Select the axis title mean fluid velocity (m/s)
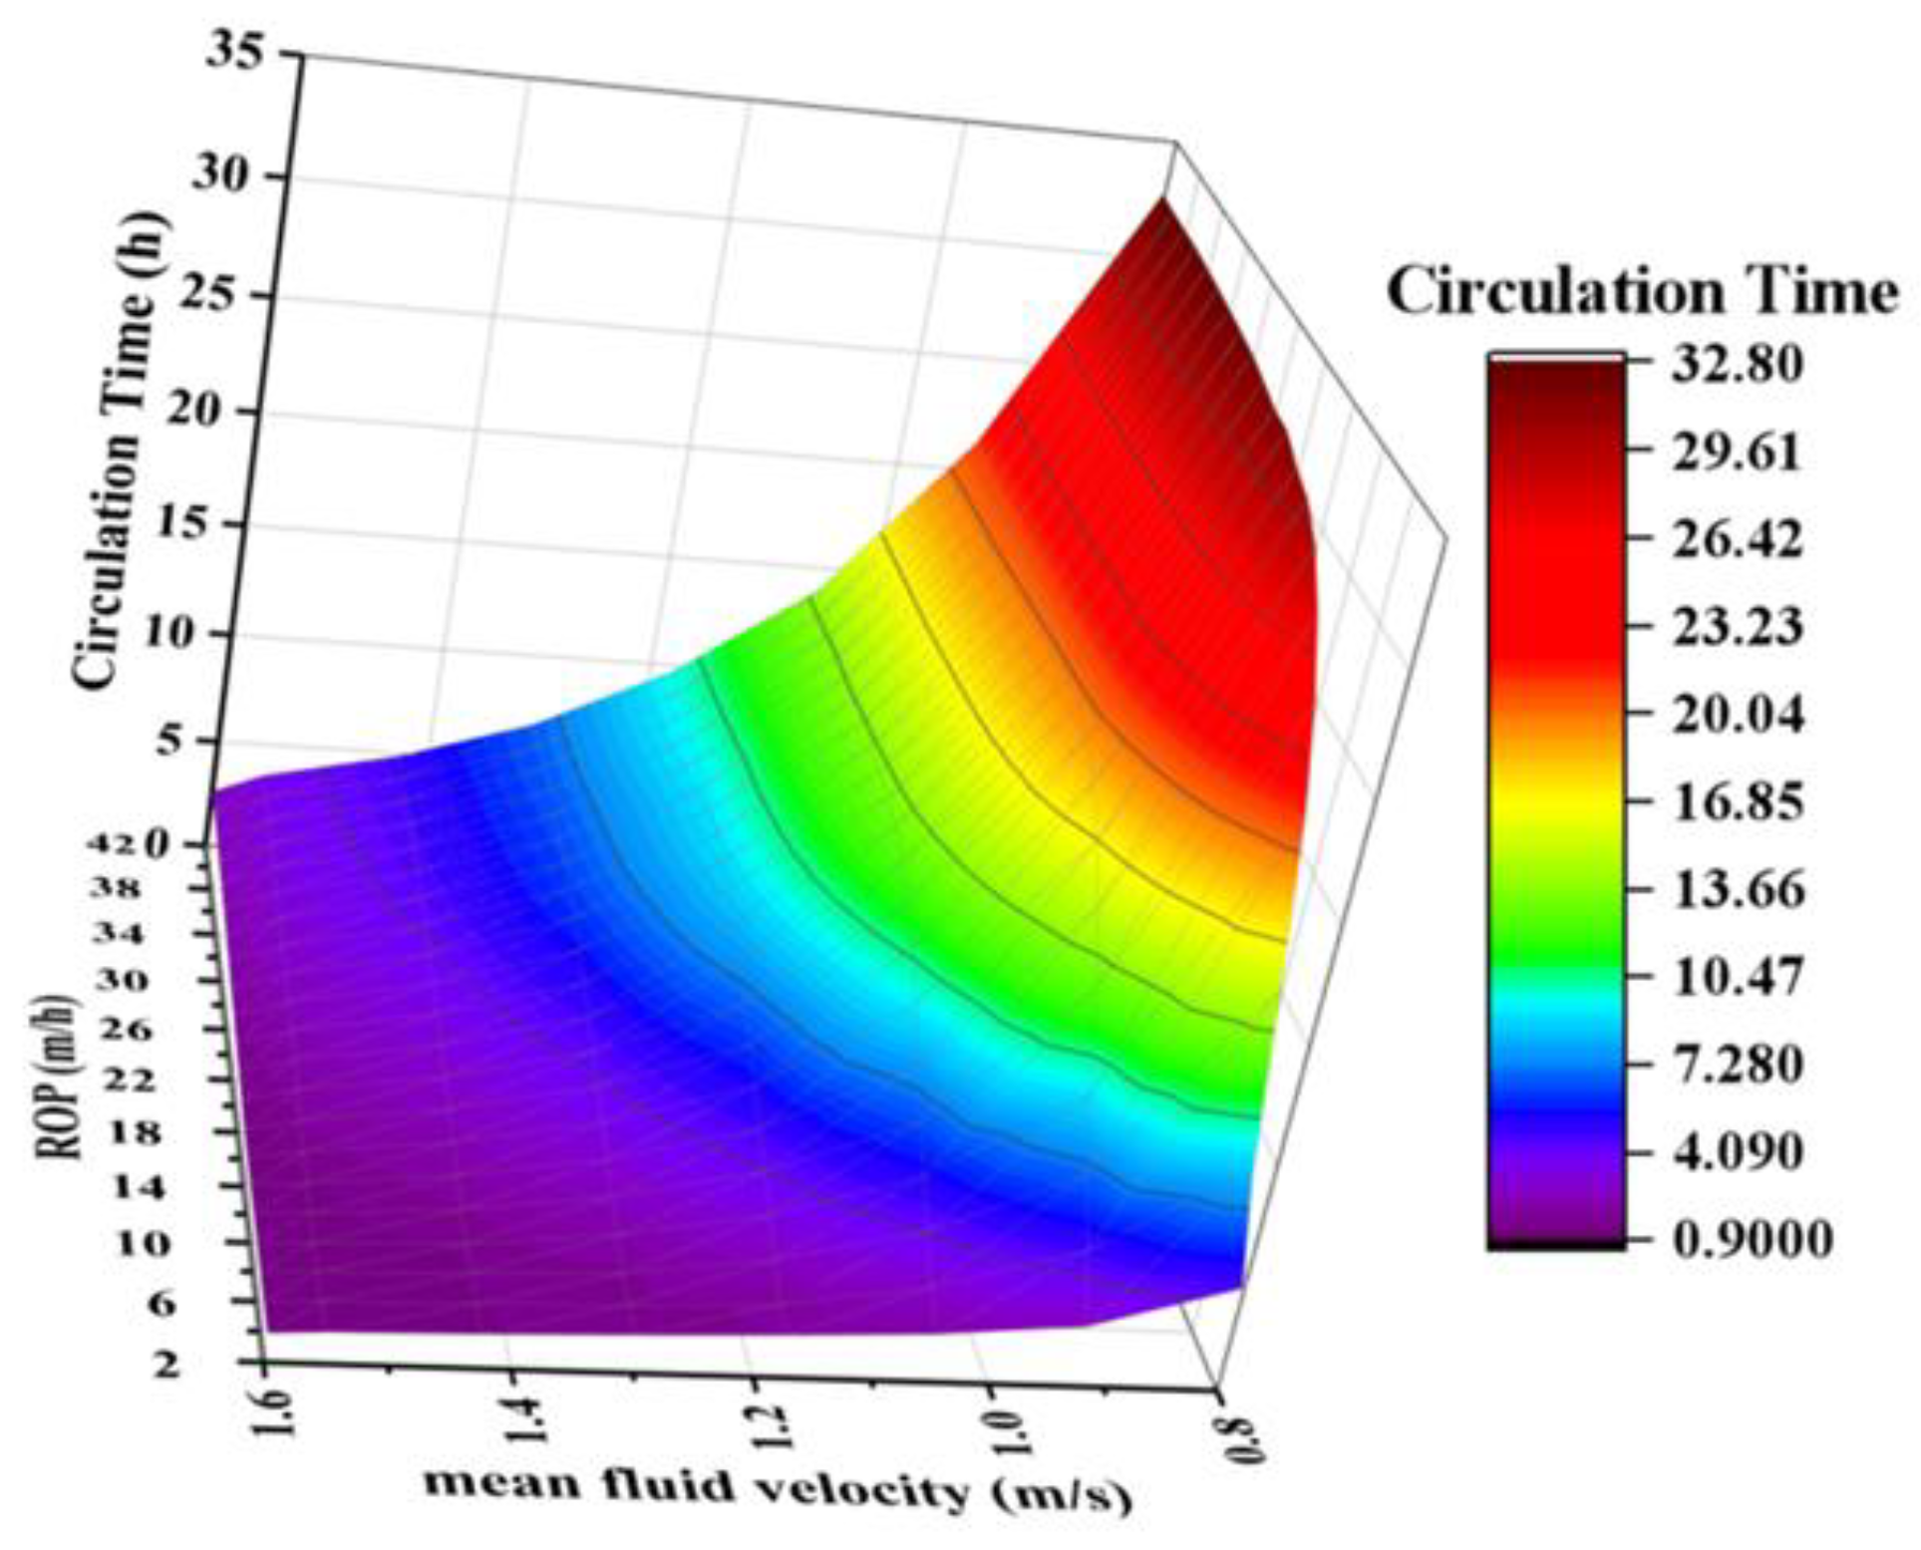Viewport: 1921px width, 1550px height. pos(778,1491)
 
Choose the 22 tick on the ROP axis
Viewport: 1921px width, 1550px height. pos(123,1080)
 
